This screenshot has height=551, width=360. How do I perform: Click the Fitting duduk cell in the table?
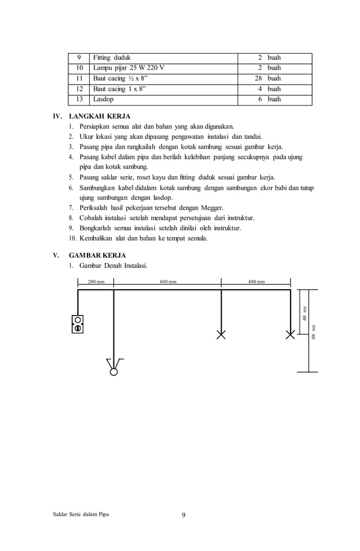pyautogui.click(x=111, y=58)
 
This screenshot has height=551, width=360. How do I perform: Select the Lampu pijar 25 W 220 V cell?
pyautogui.click(x=129, y=68)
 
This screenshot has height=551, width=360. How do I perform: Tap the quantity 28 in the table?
pyautogui.click(x=258, y=78)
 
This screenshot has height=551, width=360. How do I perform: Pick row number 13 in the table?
pyautogui.click(x=79, y=99)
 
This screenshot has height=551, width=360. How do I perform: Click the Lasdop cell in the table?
pyautogui.click(x=103, y=99)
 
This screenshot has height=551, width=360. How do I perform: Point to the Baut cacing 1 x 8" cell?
pyautogui.click(x=119, y=89)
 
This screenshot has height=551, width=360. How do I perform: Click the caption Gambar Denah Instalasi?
pyautogui.click(x=114, y=265)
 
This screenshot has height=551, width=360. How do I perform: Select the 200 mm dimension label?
pyautogui.click(x=96, y=282)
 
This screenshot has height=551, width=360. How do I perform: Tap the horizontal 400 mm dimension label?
pyautogui.click(x=256, y=282)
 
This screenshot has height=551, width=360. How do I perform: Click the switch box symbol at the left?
pyautogui.click(x=78, y=324)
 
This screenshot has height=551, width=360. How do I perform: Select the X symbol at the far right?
pyautogui.click(x=291, y=335)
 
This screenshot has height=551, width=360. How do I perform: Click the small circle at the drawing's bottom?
pyautogui.click(x=114, y=371)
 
